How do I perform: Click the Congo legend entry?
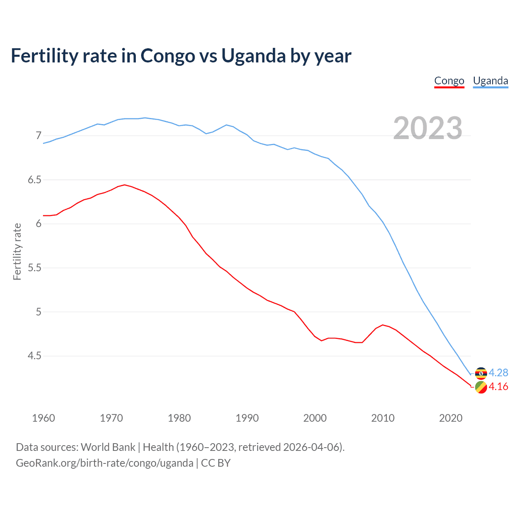click(x=449, y=81)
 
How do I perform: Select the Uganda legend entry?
click(x=490, y=81)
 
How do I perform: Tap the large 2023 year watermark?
click(x=427, y=128)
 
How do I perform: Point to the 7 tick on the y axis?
click(x=39, y=135)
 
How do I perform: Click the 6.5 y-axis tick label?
click(x=34, y=180)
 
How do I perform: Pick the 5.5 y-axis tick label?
click(x=34, y=268)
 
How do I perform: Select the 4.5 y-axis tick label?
click(x=34, y=356)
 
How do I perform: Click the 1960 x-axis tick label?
click(x=43, y=418)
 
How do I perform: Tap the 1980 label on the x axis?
click(x=179, y=418)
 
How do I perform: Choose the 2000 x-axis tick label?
click(x=315, y=418)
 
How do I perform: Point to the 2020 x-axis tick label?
click(x=450, y=418)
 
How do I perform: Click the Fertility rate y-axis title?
click(x=17, y=251)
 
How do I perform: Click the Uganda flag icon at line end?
click(x=481, y=373)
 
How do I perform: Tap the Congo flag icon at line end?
click(x=481, y=387)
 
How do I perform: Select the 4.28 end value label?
click(x=498, y=373)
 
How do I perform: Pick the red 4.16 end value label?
click(x=498, y=387)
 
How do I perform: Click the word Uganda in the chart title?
click(x=253, y=56)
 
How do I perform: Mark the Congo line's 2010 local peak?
click(x=382, y=325)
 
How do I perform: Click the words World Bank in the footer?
click(x=108, y=447)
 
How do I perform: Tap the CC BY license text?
click(x=216, y=463)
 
